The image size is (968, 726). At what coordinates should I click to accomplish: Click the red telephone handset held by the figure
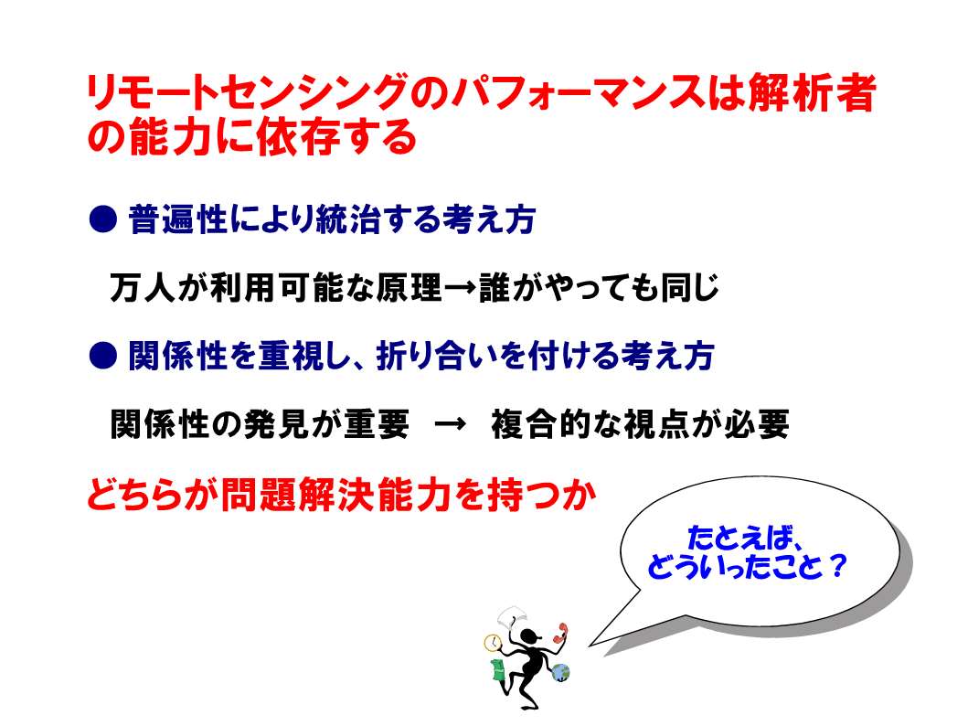[561, 635]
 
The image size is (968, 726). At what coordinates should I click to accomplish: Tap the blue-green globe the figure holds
[560, 672]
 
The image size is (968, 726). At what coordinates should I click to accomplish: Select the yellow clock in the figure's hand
[493, 644]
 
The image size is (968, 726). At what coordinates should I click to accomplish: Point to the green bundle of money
[497, 669]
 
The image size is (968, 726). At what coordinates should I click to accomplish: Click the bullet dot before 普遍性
[103, 219]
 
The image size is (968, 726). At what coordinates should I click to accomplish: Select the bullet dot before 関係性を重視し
[103, 356]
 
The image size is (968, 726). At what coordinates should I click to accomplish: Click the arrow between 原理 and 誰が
[461, 288]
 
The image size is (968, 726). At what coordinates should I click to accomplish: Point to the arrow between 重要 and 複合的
[450, 424]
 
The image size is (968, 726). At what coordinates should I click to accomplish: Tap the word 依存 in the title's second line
[298, 136]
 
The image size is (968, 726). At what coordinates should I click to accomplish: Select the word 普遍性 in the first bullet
[178, 219]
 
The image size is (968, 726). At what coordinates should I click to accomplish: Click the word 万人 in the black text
[143, 288]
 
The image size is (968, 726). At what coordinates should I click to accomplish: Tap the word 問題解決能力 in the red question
[337, 495]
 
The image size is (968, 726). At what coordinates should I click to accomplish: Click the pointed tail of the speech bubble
[590, 646]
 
